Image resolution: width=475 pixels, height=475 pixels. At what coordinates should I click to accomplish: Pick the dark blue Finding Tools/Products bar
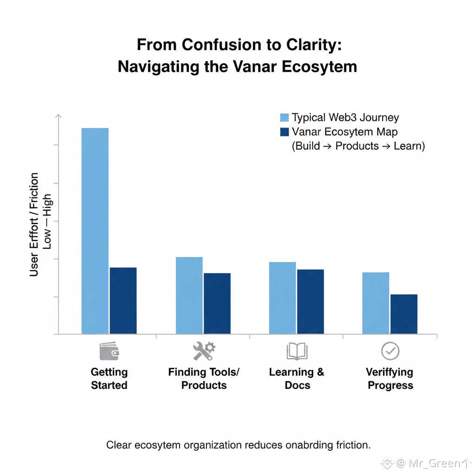(217, 303)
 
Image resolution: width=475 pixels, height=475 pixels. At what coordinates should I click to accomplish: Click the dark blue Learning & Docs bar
(310, 302)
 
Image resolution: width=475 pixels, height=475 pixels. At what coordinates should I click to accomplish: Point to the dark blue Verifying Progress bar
(404, 314)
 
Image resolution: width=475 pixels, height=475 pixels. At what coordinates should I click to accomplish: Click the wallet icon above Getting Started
(109, 352)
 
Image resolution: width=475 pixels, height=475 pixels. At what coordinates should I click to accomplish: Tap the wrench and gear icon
(204, 351)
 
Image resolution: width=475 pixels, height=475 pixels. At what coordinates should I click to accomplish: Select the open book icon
(297, 352)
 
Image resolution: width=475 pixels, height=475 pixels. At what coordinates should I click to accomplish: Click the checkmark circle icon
(390, 352)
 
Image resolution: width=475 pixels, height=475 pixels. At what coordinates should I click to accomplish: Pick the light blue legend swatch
(285, 117)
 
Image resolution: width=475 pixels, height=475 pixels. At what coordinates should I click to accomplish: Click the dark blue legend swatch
(285, 132)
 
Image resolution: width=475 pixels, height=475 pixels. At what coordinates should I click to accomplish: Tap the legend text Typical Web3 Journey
(345, 118)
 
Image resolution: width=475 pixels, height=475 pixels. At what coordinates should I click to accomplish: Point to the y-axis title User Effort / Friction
(34, 225)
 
